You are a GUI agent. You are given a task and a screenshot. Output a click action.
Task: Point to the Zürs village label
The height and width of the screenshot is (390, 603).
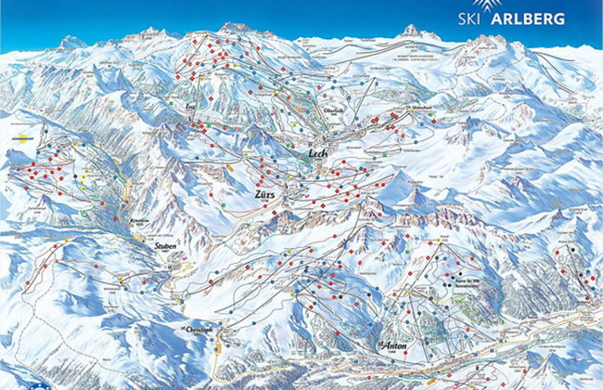click(x=265, y=196)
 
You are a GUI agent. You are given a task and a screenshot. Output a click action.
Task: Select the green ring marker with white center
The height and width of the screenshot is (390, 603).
click(x=85, y=213)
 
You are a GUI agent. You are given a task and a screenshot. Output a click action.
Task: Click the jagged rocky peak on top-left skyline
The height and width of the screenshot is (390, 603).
click(x=71, y=42)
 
